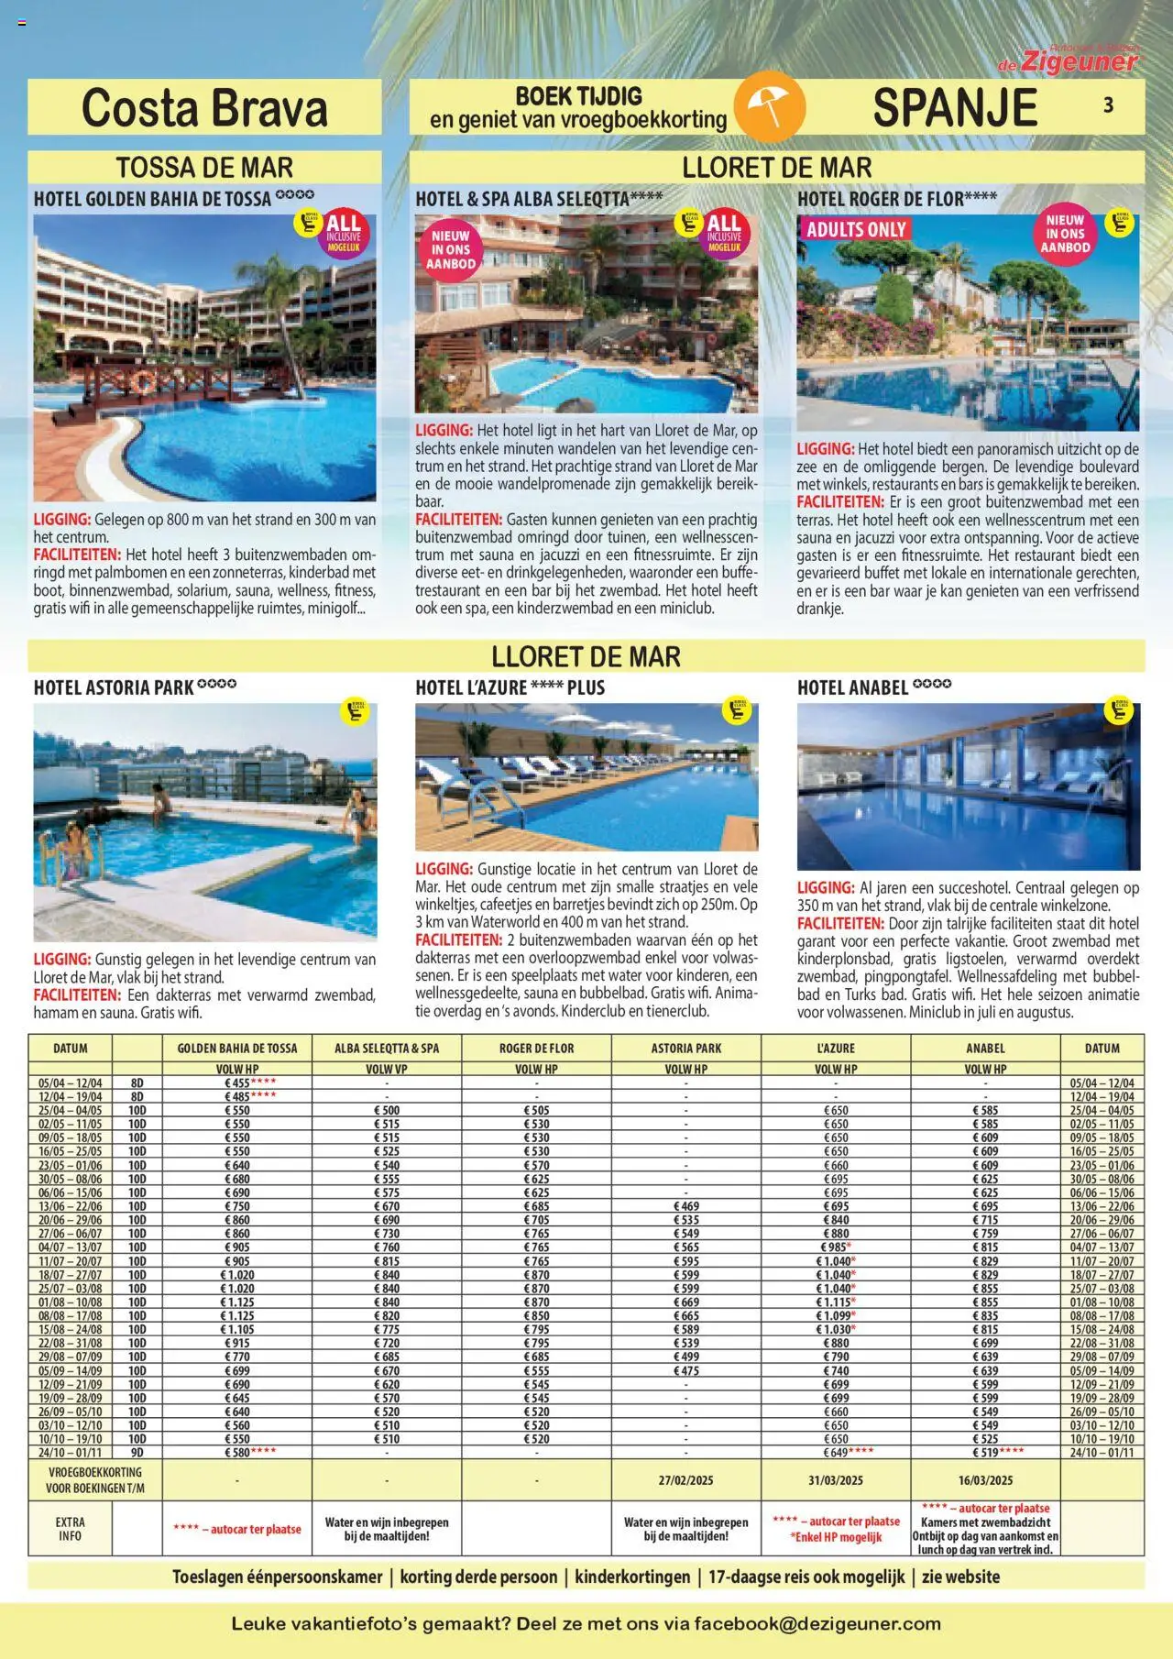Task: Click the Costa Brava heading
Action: pos(204,108)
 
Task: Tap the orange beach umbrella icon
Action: pos(769,107)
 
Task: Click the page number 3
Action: pos(1108,105)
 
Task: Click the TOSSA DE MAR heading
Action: pos(204,168)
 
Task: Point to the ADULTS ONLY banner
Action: pos(856,230)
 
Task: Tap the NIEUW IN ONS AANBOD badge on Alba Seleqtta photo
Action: pos(451,249)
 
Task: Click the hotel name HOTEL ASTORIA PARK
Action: pos(114,687)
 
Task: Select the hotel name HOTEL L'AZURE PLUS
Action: pos(510,687)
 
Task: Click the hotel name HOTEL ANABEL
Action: pos(852,687)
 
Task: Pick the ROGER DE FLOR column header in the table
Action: pos(536,1048)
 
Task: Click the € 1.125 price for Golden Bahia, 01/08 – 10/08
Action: pos(237,1302)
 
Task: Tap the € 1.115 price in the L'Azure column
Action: pos(834,1302)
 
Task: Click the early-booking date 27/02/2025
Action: pos(685,1480)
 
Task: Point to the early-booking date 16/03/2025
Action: pos(985,1480)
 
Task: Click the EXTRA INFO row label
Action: pos(70,1529)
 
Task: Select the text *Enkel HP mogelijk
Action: pos(836,1537)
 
